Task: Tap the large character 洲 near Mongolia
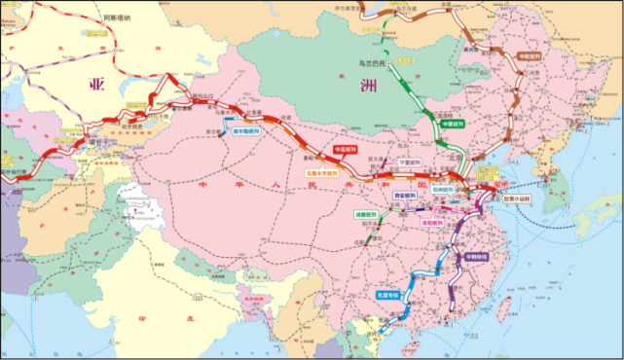(368, 85)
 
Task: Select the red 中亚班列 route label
(346, 149)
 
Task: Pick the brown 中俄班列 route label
(529, 55)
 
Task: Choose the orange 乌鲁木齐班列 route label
(322, 173)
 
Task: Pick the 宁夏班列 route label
(410, 162)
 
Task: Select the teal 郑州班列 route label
(444, 190)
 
